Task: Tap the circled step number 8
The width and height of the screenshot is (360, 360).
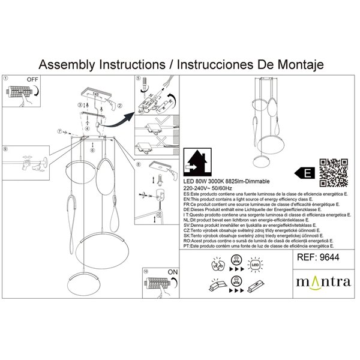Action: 139,164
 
